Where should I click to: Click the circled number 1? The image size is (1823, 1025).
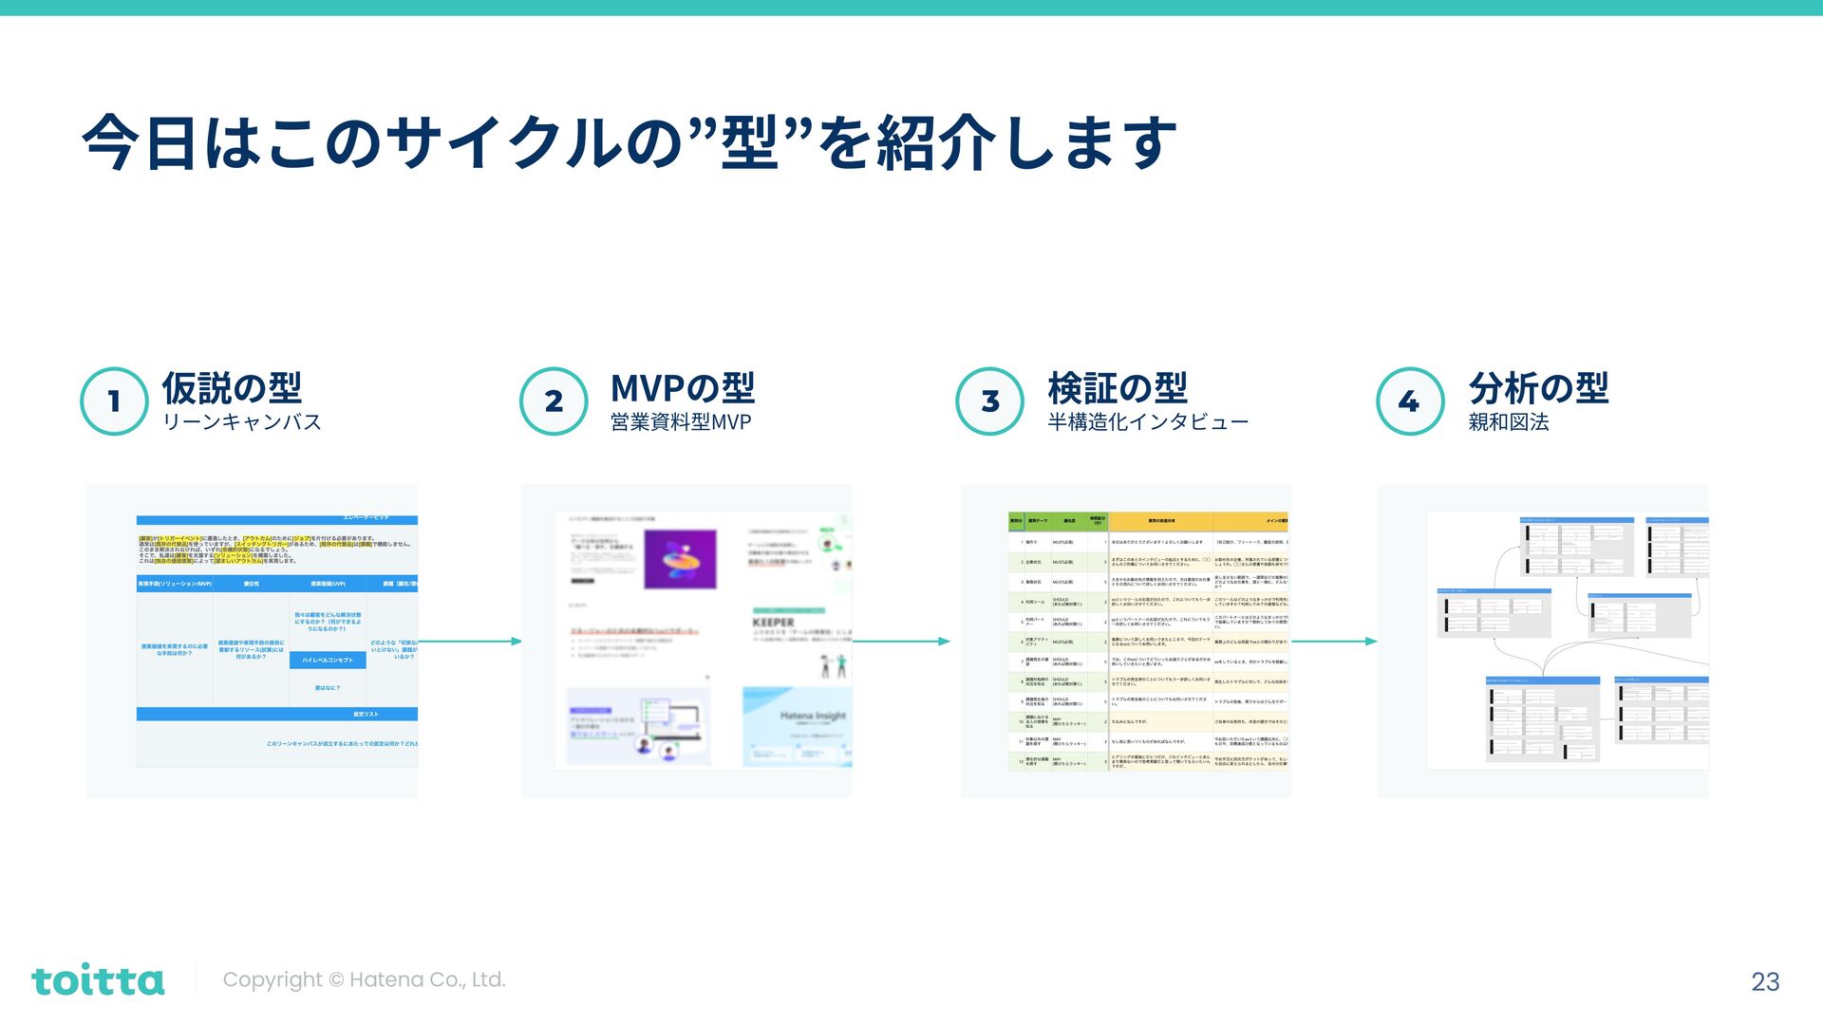[x=114, y=401]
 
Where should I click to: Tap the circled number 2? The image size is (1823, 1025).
[x=554, y=401]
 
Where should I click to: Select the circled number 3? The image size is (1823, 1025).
[x=989, y=401]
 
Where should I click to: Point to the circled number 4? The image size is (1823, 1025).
[x=1410, y=401]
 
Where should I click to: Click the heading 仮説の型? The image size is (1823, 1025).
[x=232, y=388]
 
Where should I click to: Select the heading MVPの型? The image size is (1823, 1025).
[x=682, y=388]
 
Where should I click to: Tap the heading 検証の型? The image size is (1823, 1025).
[x=1118, y=388]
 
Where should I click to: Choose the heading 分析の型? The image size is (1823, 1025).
[x=1538, y=388]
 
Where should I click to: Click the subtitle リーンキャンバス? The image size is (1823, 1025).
[x=242, y=422]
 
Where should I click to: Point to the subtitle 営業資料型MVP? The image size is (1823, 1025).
[x=680, y=422]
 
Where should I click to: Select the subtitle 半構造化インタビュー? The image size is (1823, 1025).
[x=1147, y=422]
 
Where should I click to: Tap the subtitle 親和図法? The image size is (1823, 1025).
[x=1508, y=422]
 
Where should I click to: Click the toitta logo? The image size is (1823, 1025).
[x=98, y=980]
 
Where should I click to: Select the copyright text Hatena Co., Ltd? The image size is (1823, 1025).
[x=364, y=980]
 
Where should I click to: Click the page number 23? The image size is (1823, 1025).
[x=1765, y=981]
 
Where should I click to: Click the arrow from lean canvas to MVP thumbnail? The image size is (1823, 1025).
[x=470, y=642]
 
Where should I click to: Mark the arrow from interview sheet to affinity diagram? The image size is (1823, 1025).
[x=1334, y=642]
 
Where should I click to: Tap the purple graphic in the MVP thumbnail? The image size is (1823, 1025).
[x=680, y=559]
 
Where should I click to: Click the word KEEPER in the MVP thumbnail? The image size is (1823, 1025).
[x=773, y=623]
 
